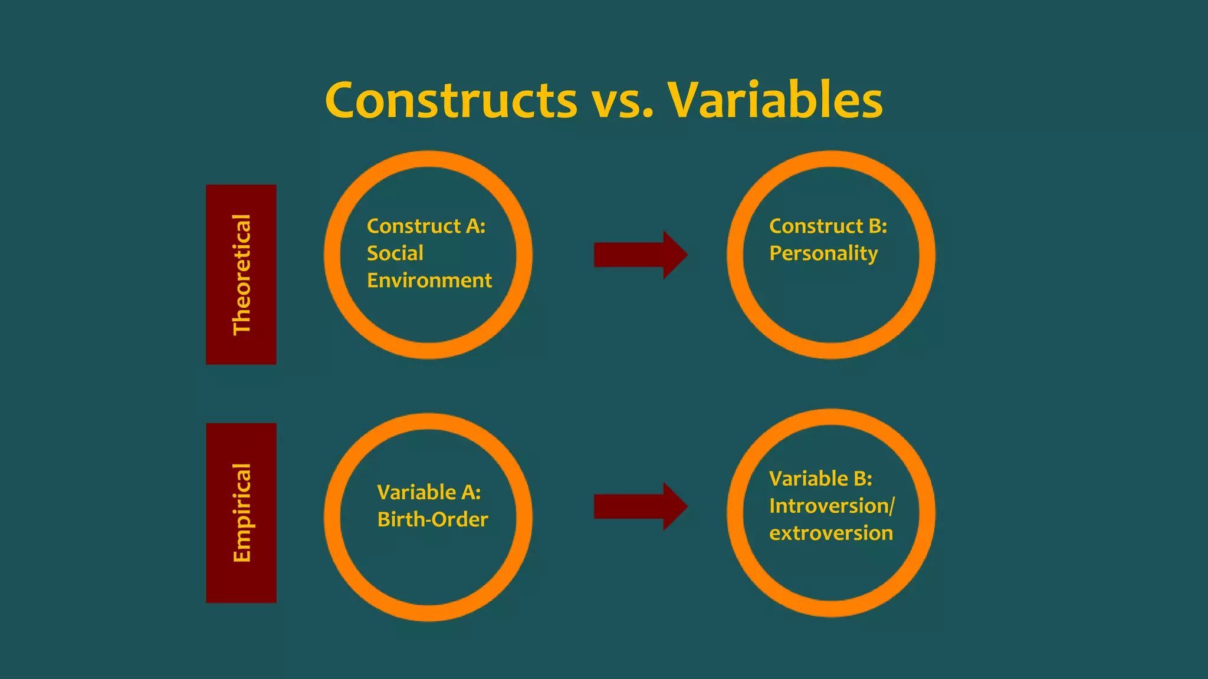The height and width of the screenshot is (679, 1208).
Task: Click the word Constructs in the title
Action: tap(451, 100)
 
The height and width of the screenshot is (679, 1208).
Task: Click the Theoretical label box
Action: tap(241, 275)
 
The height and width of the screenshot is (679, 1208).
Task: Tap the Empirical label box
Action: tap(241, 513)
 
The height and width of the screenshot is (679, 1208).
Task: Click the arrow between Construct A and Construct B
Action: tap(640, 255)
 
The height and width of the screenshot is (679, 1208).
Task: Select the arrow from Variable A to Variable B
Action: tap(640, 506)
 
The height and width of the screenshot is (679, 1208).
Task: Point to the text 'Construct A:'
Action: tap(426, 226)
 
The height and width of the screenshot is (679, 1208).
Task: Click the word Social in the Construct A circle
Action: tap(395, 253)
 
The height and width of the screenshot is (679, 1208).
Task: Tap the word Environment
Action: tap(429, 281)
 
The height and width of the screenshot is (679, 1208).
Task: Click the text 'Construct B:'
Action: tap(828, 226)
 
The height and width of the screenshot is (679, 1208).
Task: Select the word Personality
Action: tap(823, 254)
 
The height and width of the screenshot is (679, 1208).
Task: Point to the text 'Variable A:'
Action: tap(429, 492)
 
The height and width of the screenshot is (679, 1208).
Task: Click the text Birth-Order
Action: tap(432, 519)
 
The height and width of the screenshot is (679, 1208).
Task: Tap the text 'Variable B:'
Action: tap(820, 479)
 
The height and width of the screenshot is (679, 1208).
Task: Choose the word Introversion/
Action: tap(832, 506)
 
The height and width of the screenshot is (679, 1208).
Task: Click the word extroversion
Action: tap(830, 533)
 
